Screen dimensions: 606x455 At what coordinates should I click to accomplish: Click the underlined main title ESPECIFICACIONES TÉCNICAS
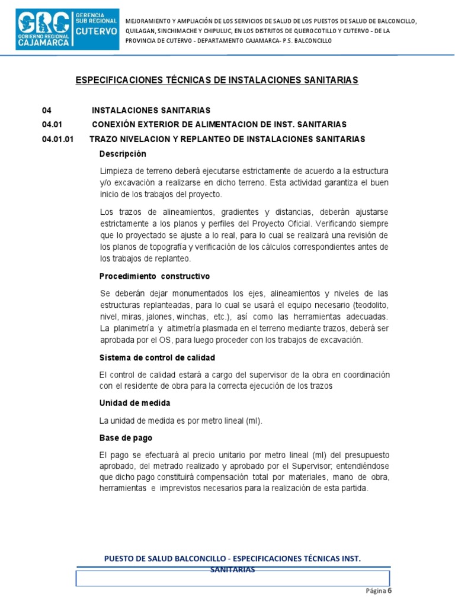click(x=217, y=80)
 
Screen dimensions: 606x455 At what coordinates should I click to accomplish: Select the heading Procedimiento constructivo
click(x=155, y=276)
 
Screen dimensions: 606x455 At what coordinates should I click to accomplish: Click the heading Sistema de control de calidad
click(x=157, y=358)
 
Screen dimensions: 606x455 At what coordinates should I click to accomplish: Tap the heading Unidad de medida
click(x=135, y=403)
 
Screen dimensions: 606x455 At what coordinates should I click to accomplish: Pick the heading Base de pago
click(x=126, y=438)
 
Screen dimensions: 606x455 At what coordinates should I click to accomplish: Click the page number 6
click(x=390, y=591)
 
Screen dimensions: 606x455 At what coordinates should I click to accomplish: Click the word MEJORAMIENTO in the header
click(x=152, y=21)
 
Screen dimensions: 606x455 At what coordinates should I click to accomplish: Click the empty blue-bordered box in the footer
click(x=232, y=578)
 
